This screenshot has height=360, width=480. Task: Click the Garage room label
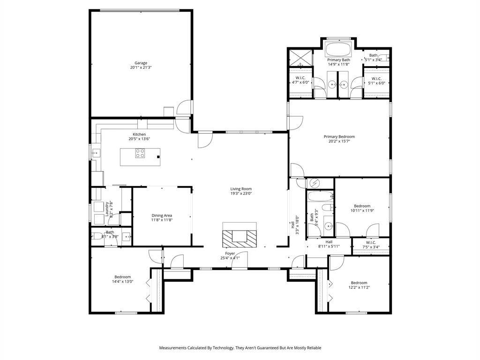[x=141, y=63]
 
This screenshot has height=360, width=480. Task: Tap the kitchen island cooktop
[x=140, y=153]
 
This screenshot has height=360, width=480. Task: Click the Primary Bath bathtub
[x=338, y=49]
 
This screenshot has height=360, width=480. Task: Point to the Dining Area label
[x=162, y=215]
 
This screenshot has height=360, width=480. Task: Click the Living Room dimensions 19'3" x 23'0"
[x=240, y=194]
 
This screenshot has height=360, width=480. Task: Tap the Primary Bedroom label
[x=339, y=136]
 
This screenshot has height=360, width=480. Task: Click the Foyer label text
[x=230, y=253]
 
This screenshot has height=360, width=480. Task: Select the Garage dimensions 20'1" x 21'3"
[x=141, y=67]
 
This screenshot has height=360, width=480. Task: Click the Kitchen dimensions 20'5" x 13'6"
[x=139, y=139]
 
